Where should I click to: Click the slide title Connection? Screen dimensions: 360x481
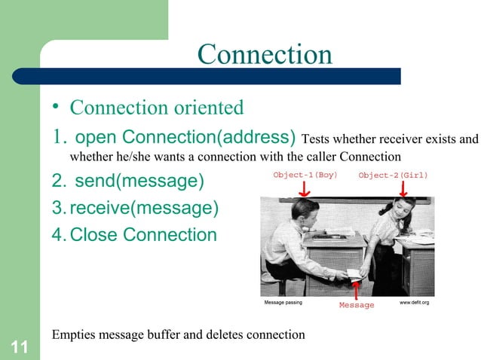(x=264, y=54)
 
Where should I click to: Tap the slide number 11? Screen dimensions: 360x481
(x=20, y=347)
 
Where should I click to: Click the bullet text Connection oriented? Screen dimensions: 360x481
(x=157, y=108)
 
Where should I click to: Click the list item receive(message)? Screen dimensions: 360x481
(x=136, y=208)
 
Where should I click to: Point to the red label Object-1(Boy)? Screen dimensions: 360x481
(x=305, y=175)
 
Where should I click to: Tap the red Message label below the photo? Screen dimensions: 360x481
(x=356, y=305)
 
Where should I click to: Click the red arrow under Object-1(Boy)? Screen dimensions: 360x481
(x=305, y=189)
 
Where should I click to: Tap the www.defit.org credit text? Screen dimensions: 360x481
(x=414, y=302)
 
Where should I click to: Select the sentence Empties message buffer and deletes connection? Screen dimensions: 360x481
(x=178, y=334)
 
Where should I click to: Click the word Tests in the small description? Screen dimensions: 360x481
(x=314, y=139)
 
